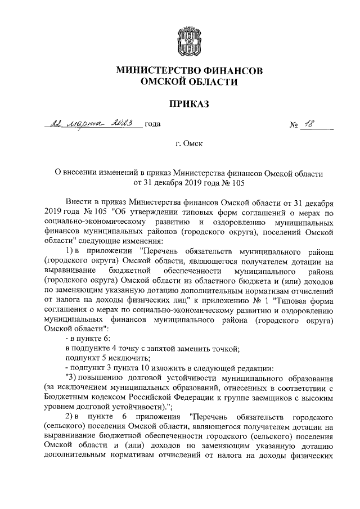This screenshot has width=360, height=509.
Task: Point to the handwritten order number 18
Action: point(309,124)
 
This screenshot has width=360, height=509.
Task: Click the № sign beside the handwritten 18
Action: point(294,125)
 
